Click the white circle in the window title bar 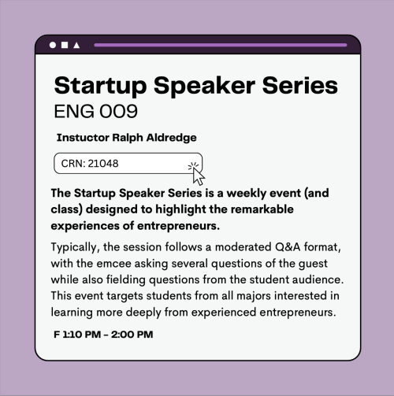pyautogui.click(x=53, y=45)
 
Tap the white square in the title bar pyautogui.click(x=65, y=45)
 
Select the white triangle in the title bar pyautogui.click(x=76, y=45)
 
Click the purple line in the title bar pyautogui.click(x=220, y=45)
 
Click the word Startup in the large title pyautogui.click(x=103, y=85)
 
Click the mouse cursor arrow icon pyautogui.click(x=197, y=172)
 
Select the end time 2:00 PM pyautogui.click(x=132, y=335)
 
